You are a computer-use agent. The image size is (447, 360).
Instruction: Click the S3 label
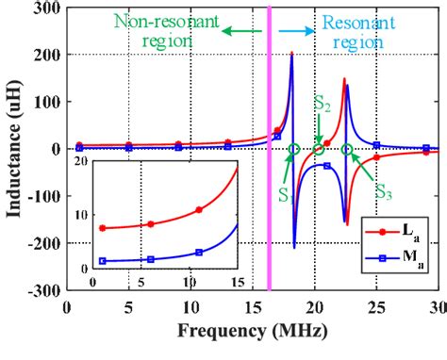384,191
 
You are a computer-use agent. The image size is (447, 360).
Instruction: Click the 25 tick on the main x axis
376,307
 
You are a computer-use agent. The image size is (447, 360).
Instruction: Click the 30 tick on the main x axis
437,307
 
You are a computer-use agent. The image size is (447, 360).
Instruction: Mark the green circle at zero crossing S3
347,149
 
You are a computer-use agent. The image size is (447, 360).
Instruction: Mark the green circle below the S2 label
319,149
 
